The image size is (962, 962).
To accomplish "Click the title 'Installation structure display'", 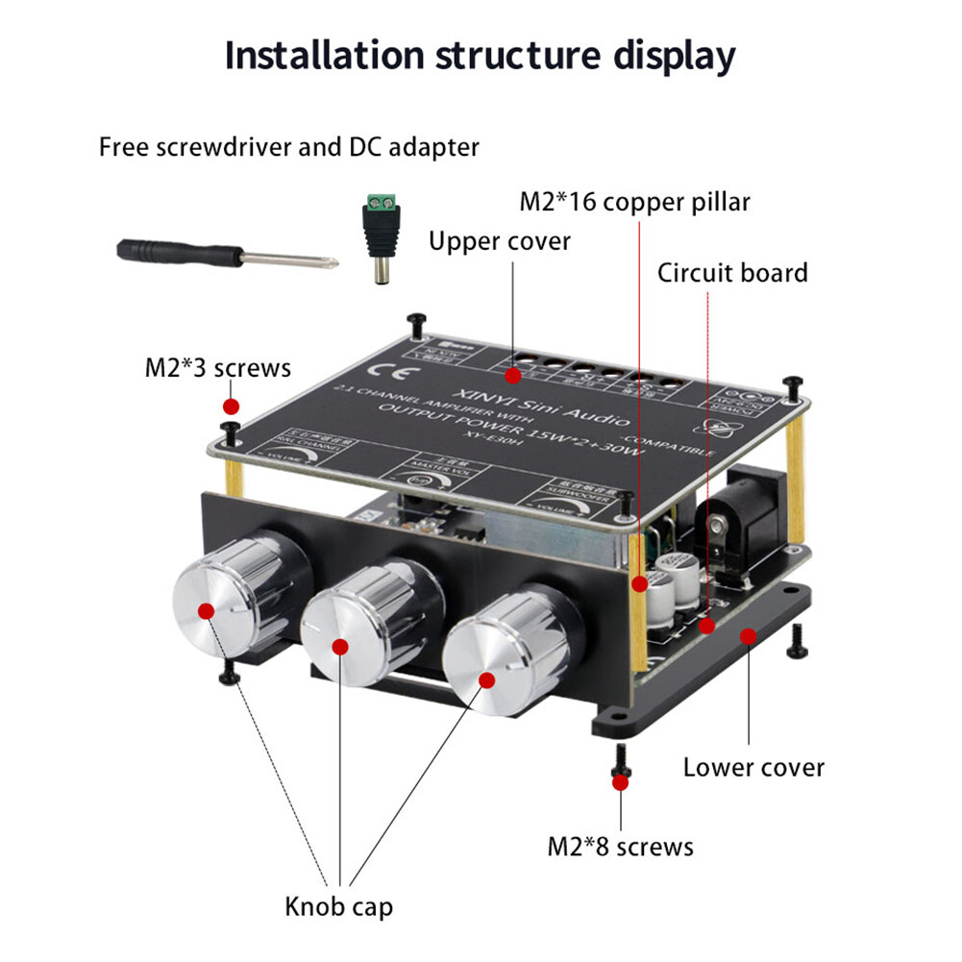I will click(480, 57).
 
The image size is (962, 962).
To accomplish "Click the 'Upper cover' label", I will click(500, 241).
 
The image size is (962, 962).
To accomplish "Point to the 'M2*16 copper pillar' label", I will click(634, 202).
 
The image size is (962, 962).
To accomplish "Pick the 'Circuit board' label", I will click(732, 273).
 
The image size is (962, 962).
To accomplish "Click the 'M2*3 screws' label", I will click(217, 367).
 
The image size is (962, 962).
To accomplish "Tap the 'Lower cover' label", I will click(753, 767).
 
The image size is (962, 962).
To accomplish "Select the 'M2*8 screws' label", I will click(620, 846).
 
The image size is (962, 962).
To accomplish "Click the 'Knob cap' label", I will click(338, 905).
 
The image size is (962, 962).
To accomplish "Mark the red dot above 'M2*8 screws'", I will click(620, 782).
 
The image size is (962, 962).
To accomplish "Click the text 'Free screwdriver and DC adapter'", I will click(288, 148).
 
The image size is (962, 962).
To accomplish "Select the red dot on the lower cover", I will click(746, 634).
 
